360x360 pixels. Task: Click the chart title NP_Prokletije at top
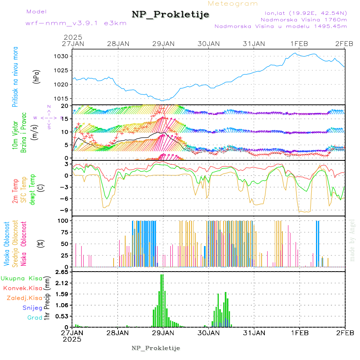pyautogui.click(x=170, y=15)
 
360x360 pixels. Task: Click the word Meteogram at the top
pyautogui.click(x=233, y=4)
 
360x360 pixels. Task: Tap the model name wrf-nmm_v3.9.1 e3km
pyautogui.click(x=76, y=23)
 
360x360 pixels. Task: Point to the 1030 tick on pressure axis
pyautogui.click(x=64, y=56)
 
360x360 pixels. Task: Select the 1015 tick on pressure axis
pyautogui.click(x=64, y=98)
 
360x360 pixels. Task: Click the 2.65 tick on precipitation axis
pyautogui.click(x=63, y=272)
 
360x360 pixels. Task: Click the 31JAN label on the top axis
pyautogui.click(x=254, y=44)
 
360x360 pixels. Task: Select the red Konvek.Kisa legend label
pyautogui.click(x=23, y=288)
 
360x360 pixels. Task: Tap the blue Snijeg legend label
pyautogui.click(x=32, y=308)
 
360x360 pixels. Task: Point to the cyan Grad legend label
pyautogui.click(x=35, y=318)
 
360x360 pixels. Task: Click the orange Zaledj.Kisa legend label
pyautogui.click(x=24, y=298)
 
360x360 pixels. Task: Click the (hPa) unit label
pyautogui.click(x=37, y=77)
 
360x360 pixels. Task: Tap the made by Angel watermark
pyautogui.click(x=352, y=240)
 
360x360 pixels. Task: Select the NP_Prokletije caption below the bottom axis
pyautogui.click(x=156, y=348)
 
